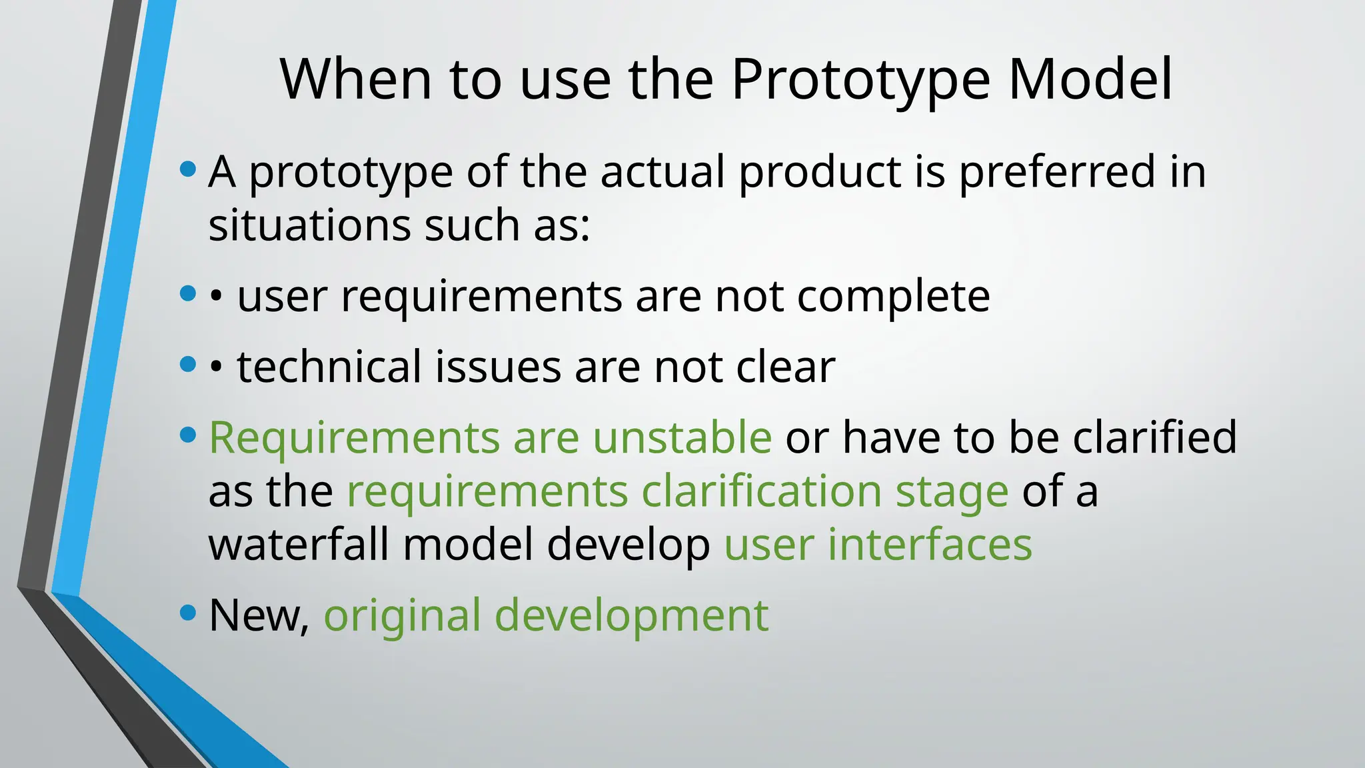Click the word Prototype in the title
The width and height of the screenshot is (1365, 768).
860,80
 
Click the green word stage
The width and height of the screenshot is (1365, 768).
951,492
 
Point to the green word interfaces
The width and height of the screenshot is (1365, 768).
930,545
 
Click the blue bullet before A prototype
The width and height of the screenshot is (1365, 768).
189,169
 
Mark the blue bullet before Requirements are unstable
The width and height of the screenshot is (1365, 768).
189,435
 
